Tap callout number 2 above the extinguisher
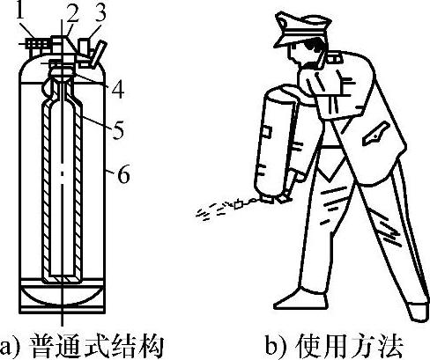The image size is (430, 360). click(x=73, y=14)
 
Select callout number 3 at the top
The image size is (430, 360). click(x=100, y=14)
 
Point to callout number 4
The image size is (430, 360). click(x=118, y=89)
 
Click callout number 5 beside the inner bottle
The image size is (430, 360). click(x=118, y=129)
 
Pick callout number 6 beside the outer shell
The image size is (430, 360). click(x=123, y=174)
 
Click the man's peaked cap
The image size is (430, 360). click(x=301, y=28)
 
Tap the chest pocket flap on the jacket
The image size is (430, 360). click(x=376, y=134)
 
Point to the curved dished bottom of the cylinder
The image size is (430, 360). click(x=62, y=296)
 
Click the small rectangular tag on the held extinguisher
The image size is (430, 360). click(x=267, y=131)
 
